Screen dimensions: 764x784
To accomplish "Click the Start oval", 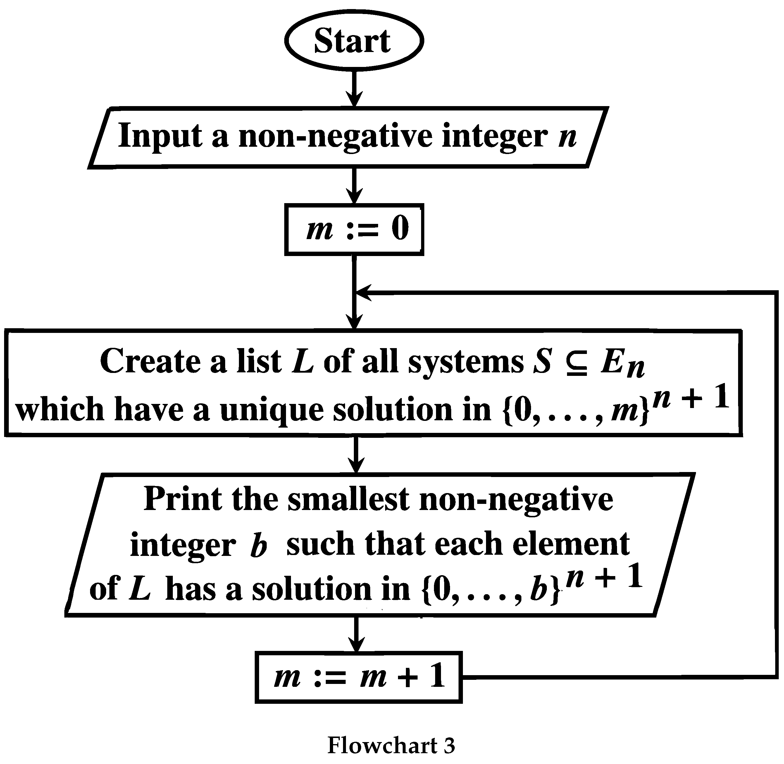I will [x=354, y=41].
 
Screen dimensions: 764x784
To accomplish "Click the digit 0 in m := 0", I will [x=400, y=228].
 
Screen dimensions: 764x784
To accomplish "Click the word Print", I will [x=183, y=499].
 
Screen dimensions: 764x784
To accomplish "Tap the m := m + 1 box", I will [x=359, y=677].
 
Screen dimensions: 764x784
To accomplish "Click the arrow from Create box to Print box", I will [x=356, y=454].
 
